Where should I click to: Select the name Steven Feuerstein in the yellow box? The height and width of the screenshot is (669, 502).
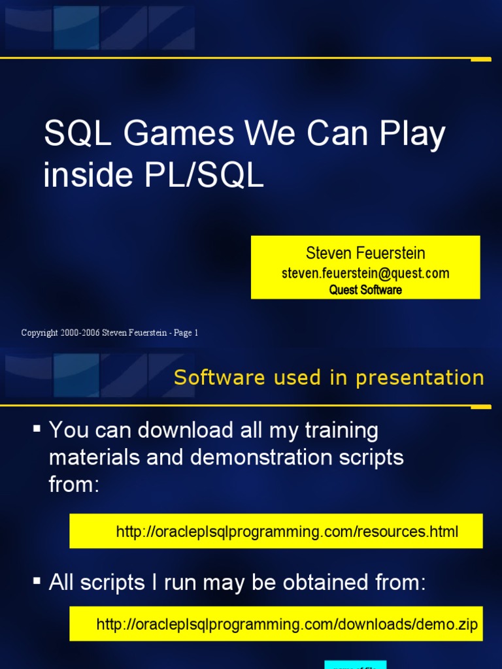tap(365, 253)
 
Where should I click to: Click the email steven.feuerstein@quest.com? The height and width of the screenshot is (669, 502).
tap(365, 273)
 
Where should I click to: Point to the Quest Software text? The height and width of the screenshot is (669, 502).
tap(365, 289)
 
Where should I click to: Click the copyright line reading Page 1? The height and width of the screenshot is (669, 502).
tap(109, 333)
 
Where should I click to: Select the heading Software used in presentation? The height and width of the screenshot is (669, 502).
tap(329, 378)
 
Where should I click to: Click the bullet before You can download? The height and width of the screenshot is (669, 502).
tap(37, 429)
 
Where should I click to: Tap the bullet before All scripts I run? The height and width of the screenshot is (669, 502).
tap(37, 580)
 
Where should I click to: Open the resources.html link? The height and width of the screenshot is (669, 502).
tap(287, 532)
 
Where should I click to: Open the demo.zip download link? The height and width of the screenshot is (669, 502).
tap(287, 625)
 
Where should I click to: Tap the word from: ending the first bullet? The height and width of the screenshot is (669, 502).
tap(74, 485)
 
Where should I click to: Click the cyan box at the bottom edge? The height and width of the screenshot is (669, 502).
tap(355, 664)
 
